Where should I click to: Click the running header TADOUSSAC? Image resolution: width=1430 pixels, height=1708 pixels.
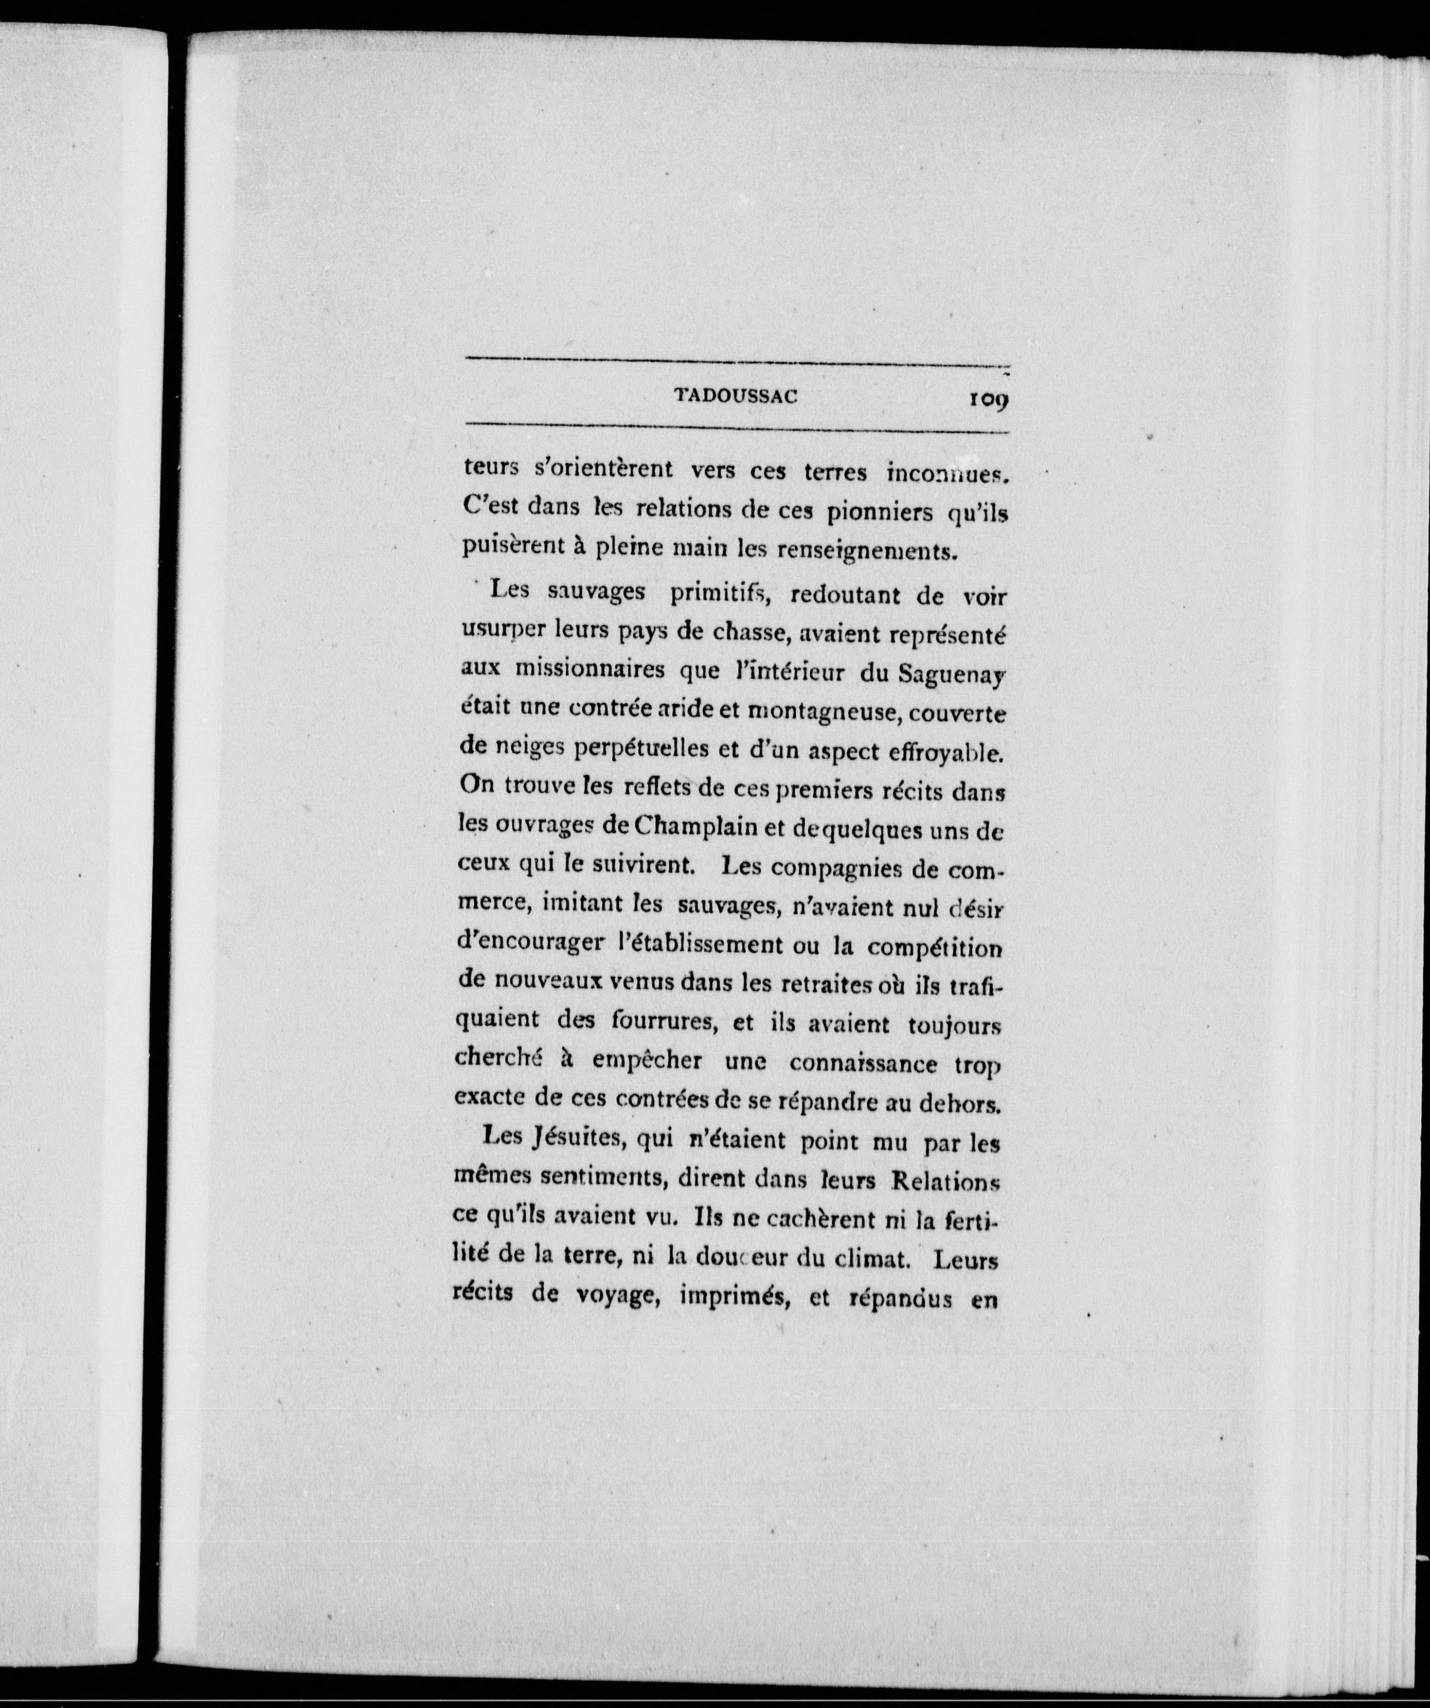tap(736, 397)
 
